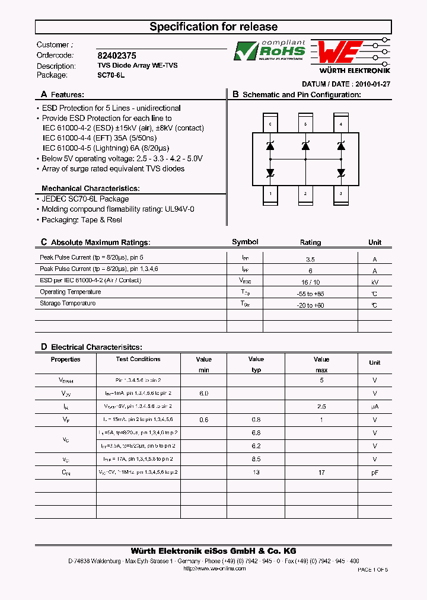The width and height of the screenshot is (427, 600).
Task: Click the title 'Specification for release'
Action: pyautogui.click(x=213, y=27)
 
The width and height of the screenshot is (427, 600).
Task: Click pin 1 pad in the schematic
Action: pyautogui.click(x=270, y=194)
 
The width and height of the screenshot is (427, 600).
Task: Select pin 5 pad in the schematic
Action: pyautogui.click(x=305, y=124)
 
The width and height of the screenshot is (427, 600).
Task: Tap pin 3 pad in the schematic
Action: pyautogui.click(x=340, y=194)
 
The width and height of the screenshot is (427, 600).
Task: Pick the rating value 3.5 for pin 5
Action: pyautogui.click(x=310, y=260)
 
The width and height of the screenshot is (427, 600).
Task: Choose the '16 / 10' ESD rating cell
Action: pyautogui.click(x=310, y=283)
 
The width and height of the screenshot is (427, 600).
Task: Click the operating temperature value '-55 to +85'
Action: pyautogui.click(x=310, y=294)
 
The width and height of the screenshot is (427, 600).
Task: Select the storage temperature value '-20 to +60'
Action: pyautogui.click(x=310, y=305)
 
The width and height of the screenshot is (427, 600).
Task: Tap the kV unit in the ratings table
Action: pyautogui.click(x=374, y=283)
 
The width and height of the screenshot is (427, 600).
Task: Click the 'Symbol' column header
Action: pyautogui.click(x=245, y=242)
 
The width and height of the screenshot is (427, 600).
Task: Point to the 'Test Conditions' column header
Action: pyautogui.click(x=138, y=359)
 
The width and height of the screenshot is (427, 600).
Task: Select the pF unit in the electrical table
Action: pyautogui.click(x=374, y=473)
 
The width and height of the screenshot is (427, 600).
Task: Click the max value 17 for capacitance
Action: pyautogui.click(x=321, y=473)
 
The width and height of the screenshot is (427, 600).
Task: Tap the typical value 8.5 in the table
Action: pyautogui.click(x=256, y=459)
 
